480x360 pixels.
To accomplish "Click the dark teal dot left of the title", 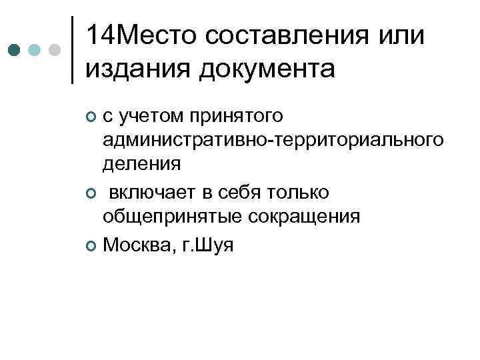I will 15,50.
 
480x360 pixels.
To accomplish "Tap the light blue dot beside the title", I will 35,50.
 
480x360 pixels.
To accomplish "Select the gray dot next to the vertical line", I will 55,50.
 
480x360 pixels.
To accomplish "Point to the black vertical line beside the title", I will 72,50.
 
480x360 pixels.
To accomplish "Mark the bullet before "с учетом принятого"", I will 91,118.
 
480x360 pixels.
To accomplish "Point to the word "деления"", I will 141,163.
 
